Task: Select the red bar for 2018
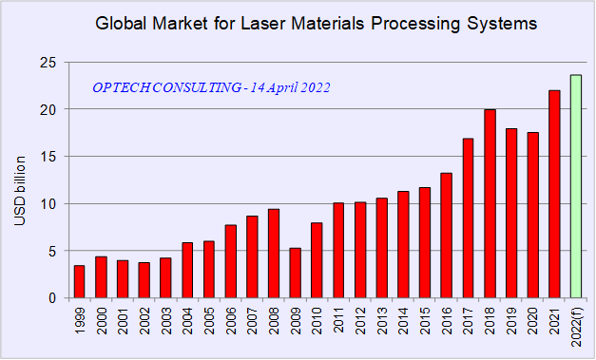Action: tap(490, 203)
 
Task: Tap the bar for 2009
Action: tap(296, 273)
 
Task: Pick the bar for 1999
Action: tap(80, 281)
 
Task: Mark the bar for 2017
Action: tap(468, 218)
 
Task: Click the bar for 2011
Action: tap(338, 250)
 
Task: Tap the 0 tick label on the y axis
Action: tap(52, 298)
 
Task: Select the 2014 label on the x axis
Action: tap(403, 321)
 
